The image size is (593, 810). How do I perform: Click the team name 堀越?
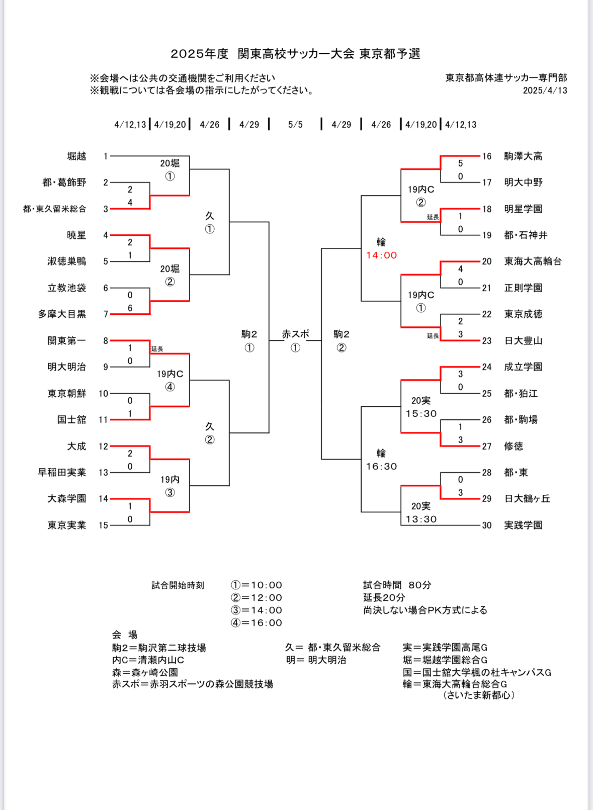(x=76, y=156)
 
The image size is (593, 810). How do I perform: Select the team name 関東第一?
(x=66, y=340)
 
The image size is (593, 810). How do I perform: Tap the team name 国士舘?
(x=71, y=419)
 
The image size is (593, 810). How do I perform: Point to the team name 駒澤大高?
(x=523, y=156)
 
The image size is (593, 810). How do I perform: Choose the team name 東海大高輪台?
(x=533, y=261)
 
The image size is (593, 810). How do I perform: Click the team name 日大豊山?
(x=523, y=340)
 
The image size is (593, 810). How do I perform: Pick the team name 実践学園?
(x=523, y=525)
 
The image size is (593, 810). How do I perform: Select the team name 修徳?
(x=514, y=446)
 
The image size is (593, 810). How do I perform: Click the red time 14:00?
(x=381, y=255)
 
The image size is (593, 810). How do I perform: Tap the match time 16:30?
(x=381, y=467)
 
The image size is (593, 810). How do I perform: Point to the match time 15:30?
(x=421, y=414)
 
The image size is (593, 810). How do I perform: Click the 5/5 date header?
(x=295, y=125)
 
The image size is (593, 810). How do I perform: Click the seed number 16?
(x=487, y=156)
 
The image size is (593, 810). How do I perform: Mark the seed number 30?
(x=487, y=525)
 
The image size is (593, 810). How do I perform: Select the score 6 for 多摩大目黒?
(x=130, y=308)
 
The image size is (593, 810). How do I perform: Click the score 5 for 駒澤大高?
(x=460, y=163)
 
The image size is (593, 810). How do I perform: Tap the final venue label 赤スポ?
(x=295, y=334)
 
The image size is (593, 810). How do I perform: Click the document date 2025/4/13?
(x=545, y=91)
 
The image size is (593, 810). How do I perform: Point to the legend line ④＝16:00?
(x=257, y=622)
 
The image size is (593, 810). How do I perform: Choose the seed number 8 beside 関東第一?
(x=106, y=340)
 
